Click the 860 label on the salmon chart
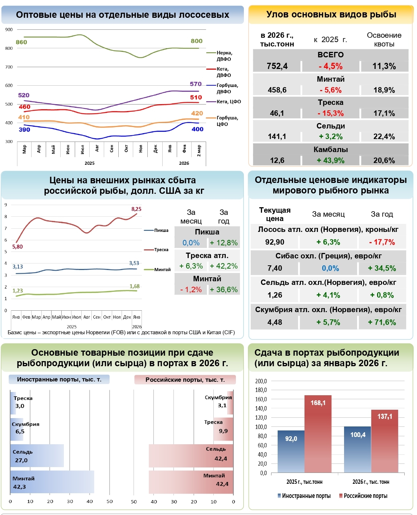click(x=21, y=42)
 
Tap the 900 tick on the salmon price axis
click(x=9, y=30)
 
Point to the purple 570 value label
click(x=196, y=84)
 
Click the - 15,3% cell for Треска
click(x=331, y=113)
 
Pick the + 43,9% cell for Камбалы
click(x=331, y=160)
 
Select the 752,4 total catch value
click(x=277, y=66)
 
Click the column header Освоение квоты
click(x=384, y=40)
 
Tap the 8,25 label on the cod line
click(x=136, y=209)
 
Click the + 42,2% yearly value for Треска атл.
click(x=224, y=266)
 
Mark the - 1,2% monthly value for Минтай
click(x=191, y=290)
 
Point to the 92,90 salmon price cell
click(x=275, y=242)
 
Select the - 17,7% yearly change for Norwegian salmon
click(x=382, y=242)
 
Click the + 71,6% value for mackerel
click(x=382, y=322)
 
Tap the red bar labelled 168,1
click(x=318, y=434)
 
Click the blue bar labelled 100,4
click(x=357, y=449)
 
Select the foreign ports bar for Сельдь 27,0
click(x=37, y=456)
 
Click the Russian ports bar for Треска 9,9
click(x=224, y=429)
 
